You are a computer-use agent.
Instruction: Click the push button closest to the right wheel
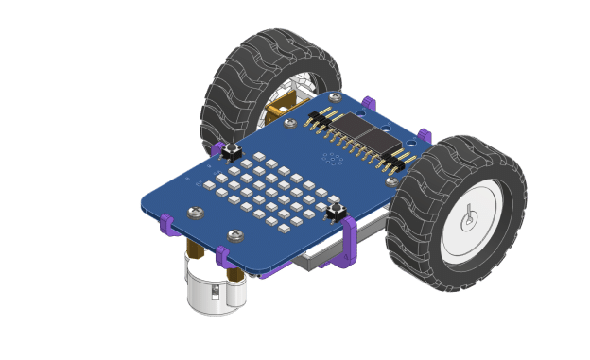tap(334, 213)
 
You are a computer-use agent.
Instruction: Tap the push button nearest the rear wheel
tap(230, 150)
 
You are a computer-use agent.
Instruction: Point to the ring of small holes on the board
tap(332, 159)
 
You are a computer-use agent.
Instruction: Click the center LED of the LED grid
tap(271, 192)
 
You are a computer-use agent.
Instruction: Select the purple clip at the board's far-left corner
tap(167, 224)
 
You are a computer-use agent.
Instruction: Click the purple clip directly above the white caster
tap(223, 255)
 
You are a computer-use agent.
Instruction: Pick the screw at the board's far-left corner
tap(196, 213)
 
